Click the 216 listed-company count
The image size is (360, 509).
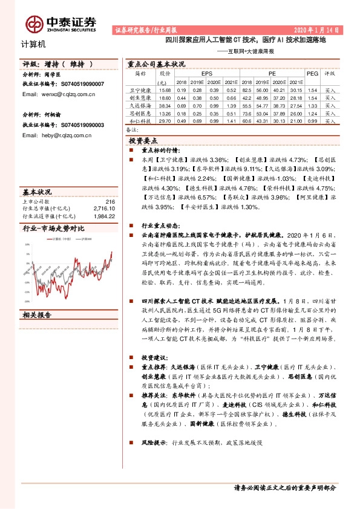click(110, 201)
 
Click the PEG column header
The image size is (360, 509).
click(312, 73)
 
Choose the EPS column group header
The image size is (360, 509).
click(198, 73)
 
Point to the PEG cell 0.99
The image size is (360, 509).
click(312, 121)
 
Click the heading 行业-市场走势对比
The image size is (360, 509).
click(53, 229)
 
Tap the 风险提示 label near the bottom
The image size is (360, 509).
click(152, 443)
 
